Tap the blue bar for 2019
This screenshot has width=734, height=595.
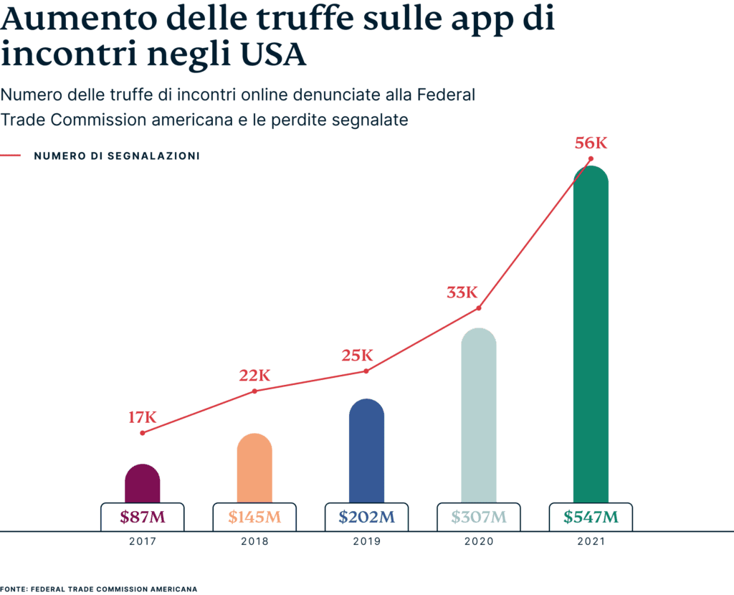[366, 451]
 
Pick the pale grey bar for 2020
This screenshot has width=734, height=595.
[478, 416]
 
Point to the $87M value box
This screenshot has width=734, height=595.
[142, 517]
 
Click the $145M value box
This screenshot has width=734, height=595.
[254, 517]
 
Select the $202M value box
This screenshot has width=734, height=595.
[366, 517]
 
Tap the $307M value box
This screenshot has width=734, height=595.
[479, 517]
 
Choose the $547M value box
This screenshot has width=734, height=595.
[591, 517]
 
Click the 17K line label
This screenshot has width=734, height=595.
[142, 417]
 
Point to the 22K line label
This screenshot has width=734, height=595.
[254, 376]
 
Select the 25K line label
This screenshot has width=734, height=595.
[357, 355]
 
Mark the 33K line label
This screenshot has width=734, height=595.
[462, 292]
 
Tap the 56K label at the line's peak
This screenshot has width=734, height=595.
[591, 143]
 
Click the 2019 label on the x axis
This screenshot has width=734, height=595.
[366, 542]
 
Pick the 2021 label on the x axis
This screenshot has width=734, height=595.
[591, 542]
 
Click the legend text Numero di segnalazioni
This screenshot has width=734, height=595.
[116, 156]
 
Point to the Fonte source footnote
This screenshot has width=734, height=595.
[99, 589]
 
